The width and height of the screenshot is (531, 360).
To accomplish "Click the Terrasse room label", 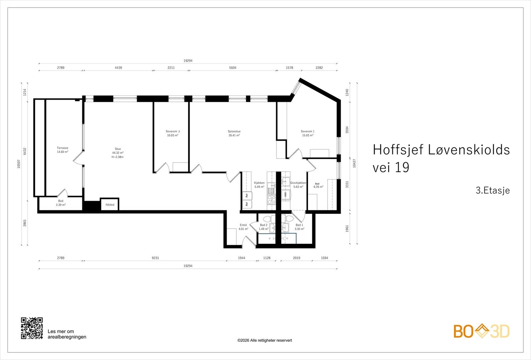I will (x=62, y=150).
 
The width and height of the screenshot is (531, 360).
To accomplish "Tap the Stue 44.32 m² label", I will (x=118, y=153).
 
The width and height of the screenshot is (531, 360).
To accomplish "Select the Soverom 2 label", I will (x=173, y=133).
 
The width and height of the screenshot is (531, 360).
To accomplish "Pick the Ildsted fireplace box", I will (x=110, y=205).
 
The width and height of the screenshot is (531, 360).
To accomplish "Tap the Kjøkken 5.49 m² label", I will (x=259, y=185).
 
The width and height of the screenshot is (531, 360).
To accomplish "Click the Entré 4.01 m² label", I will (x=243, y=227).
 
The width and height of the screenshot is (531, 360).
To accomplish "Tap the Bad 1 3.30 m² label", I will (x=299, y=227).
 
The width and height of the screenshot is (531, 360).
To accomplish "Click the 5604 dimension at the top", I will (x=233, y=68).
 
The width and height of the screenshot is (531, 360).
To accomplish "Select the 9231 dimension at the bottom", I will (x=155, y=258).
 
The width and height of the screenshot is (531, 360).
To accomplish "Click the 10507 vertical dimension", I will (x=19, y=164).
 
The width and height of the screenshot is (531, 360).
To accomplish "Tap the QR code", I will (x=32, y=328).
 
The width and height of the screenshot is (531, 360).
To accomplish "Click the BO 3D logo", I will (x=482, y=331).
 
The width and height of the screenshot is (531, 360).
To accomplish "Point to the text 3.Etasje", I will (x=493, y=190).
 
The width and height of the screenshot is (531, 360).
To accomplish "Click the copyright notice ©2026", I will (x=265, y=340).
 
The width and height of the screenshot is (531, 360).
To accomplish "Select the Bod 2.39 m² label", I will (x=61, y=203).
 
